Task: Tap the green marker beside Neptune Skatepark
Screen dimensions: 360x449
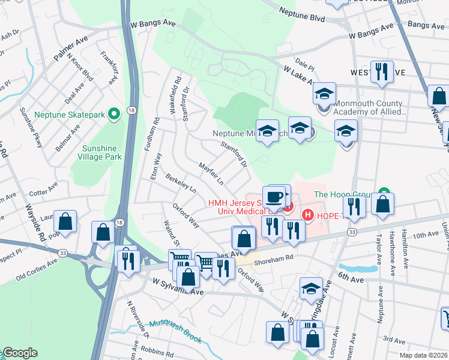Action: tap(112, 114)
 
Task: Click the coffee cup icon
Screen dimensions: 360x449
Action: tap(274, 197)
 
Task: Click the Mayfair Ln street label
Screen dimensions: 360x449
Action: tap(211, 173)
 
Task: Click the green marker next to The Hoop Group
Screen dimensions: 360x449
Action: tap(381, 194)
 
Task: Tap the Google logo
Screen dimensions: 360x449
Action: tap(20, 353)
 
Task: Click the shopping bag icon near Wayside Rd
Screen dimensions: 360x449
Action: tap(65, 222)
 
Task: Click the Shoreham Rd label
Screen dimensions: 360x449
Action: tap(273, 257)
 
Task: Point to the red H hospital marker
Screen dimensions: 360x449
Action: tap(307, 215)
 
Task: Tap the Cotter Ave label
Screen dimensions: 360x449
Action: tap(41, 193)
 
